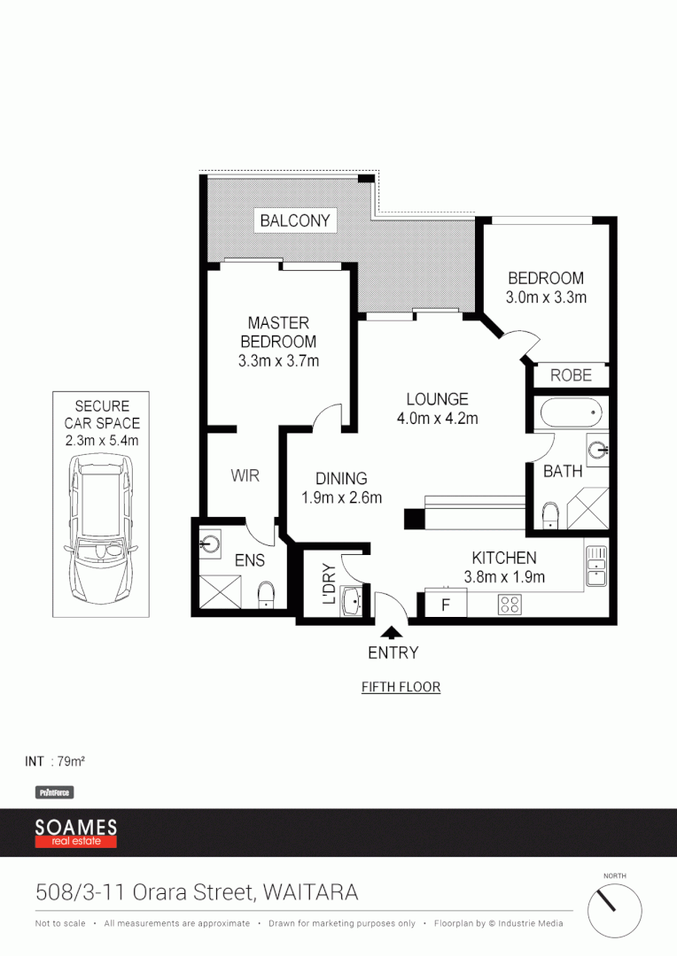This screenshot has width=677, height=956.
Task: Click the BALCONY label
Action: (x=295, y=220)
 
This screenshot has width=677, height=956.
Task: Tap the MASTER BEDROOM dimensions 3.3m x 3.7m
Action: (x=278, y=360)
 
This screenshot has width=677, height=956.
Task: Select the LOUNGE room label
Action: (x=437, y=399)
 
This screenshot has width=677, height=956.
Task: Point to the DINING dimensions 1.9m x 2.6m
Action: (x=341, y=497)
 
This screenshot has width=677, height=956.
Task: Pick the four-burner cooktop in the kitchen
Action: (x=510, y=605)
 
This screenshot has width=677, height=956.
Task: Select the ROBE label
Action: (x=571, y=375)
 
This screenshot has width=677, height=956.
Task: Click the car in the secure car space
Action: (x=101, y=527)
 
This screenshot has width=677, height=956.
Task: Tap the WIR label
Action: (x=245, y=475)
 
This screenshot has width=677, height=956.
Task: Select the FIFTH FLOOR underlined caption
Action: (x=401, y=687)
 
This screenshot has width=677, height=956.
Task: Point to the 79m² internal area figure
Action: (x=71, y=761)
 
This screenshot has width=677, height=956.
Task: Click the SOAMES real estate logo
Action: (x=76, y=832)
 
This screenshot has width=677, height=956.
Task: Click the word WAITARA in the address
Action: (x=310, y=892)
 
